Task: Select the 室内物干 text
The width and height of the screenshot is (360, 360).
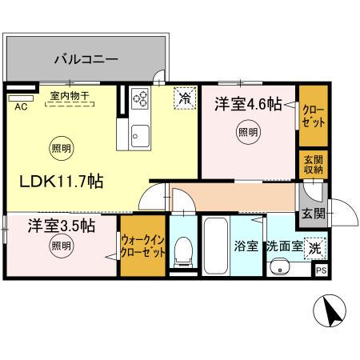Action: [x=70, y=96]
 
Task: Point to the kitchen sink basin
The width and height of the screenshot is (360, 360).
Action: [x=139, y=134]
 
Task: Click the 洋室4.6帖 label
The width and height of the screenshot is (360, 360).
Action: [x=247, y=102]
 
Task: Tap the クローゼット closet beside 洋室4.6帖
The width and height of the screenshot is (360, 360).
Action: [x=312, y=114]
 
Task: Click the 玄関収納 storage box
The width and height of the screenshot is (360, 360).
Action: [x=313, y=163]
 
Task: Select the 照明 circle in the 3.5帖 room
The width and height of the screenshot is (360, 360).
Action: [x=58, y=245]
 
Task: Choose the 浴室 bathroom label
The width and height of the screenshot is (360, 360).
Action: [x=246, y=246]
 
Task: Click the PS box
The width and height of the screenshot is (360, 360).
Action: [x=321, y=271]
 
